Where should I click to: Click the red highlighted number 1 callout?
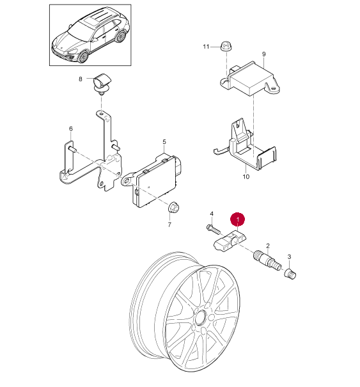point(237,219)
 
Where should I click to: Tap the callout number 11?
point(206,47)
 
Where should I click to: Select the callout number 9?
point(264,54)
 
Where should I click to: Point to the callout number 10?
point(246,177)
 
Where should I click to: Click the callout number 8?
point(81,79)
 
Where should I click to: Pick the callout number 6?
point(71,129)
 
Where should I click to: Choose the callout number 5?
point(164,142)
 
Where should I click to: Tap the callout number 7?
point(169,225)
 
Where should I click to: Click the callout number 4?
point(212,214)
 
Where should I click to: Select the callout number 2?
point(268,246)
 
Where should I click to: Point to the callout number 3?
point(290,257)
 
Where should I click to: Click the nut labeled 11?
point(225,47)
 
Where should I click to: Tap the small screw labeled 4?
point(213,229)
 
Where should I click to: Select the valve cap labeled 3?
point(290,274)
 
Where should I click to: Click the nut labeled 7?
point(174,207)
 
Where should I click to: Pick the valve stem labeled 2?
point(267,260)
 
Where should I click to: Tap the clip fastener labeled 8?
point(102,83)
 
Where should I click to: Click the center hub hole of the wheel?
point(201,317)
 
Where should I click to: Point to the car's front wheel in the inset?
point(84,57)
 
